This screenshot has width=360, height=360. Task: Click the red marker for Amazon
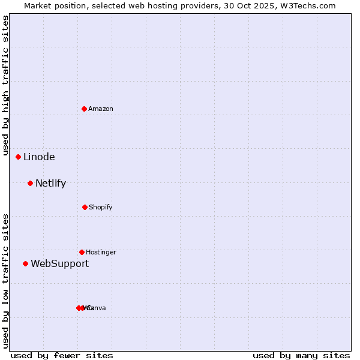(84, 109)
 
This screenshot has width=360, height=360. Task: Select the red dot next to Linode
(18, 157)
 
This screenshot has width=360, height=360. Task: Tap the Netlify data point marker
(30, 183)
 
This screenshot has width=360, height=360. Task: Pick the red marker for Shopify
(85, 207)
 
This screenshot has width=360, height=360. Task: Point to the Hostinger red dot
(82, 252)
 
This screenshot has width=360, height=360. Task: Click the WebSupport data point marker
(25, 263)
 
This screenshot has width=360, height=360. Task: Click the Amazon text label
(100, 109)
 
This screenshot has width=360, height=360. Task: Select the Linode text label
(39, 157)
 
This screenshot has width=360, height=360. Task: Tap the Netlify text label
(50, 184)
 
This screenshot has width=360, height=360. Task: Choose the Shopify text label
(100, 207)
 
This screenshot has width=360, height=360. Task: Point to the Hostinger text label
(101, 252)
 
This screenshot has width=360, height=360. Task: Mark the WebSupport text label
(59, 264)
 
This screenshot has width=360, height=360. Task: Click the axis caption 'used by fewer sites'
(62, 356)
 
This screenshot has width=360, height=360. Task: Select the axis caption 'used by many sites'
(301, 356)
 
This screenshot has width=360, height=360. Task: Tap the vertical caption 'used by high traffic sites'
(6, 86)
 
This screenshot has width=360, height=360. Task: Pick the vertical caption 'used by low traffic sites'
(6, 281)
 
